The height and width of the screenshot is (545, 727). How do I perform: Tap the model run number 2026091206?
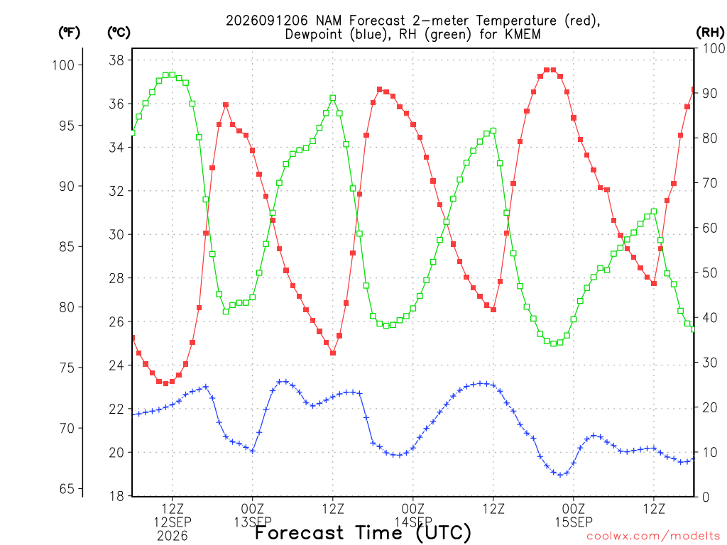[267, 21]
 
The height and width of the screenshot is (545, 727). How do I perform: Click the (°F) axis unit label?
[69, 33]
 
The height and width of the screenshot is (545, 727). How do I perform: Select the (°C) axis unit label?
[119, 33]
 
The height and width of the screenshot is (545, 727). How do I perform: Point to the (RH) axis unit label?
[710, 33]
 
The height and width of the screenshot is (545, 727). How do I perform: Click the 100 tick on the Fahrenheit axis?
[63, 65]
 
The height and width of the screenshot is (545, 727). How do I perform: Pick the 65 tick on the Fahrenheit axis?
[67, 488]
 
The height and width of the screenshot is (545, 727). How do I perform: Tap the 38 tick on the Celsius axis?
[117, 60]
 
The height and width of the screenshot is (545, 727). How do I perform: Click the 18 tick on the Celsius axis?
[117, 496]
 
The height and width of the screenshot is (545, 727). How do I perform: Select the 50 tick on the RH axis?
[709, 272]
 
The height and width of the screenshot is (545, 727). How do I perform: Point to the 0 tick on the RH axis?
[706, 497]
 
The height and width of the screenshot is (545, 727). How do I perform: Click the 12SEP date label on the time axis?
[173, 522]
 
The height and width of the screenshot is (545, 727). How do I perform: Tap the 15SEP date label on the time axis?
[574, 522]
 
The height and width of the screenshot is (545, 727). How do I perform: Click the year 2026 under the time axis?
[173, 536]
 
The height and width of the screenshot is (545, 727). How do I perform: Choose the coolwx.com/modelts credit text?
[653, 536]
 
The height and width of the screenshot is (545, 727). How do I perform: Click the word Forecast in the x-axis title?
[299, 532]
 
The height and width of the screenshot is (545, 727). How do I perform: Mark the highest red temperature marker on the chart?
[550, 70]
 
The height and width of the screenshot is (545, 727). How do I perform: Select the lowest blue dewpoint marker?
[560, 475]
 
